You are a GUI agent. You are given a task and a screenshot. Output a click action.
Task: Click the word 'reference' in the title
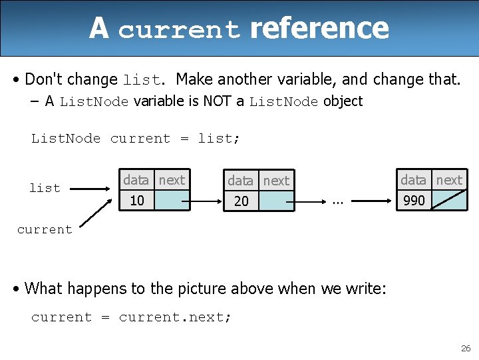click(319, 28)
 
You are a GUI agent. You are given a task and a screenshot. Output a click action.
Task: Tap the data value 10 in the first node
click(137, 201)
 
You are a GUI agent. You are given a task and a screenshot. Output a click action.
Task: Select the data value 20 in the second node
click(241, 201)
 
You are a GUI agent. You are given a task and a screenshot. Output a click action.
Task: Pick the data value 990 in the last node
click(414, 201)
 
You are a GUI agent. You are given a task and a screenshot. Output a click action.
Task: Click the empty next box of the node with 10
click(172, 201)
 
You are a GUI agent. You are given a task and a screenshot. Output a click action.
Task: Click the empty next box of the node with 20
click(276, 201)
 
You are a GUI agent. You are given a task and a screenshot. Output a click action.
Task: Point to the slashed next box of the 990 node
click(450, 200)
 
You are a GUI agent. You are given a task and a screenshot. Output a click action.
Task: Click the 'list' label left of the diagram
click(45, 188)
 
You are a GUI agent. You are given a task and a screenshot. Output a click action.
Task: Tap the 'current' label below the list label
click(44, 229)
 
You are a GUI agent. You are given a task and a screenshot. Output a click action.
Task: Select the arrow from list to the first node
click(90, 189)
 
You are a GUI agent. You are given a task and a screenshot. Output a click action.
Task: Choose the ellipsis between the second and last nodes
click(338, 200)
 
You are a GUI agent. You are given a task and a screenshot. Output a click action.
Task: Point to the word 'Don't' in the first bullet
click(45, 79)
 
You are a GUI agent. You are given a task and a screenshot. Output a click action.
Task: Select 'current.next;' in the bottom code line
click(175, 317)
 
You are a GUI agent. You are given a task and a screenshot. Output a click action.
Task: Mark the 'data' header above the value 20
click(240, 181)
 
